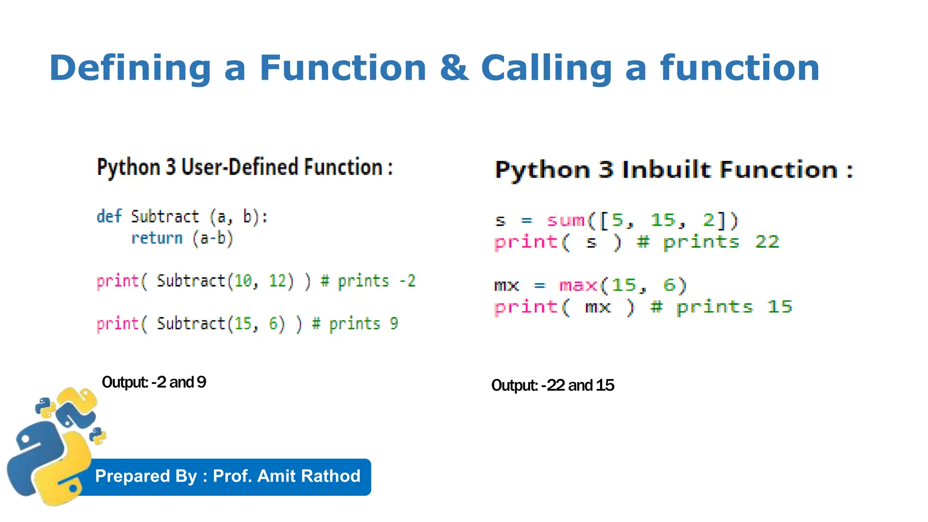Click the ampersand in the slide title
coord(454,68)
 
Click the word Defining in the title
coord(130,68)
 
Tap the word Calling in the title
coord(546,68)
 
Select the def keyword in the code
coord(109,216)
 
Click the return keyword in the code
coord(157,238)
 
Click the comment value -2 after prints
coord(407,281)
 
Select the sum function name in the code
coord(565,221)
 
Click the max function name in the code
coord(578,285)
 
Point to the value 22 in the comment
coord(767,242)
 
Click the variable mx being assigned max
coord(506,285)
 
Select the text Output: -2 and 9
coord(154,382)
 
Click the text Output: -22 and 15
coord(552,385)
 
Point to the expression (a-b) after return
coord(213,238)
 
